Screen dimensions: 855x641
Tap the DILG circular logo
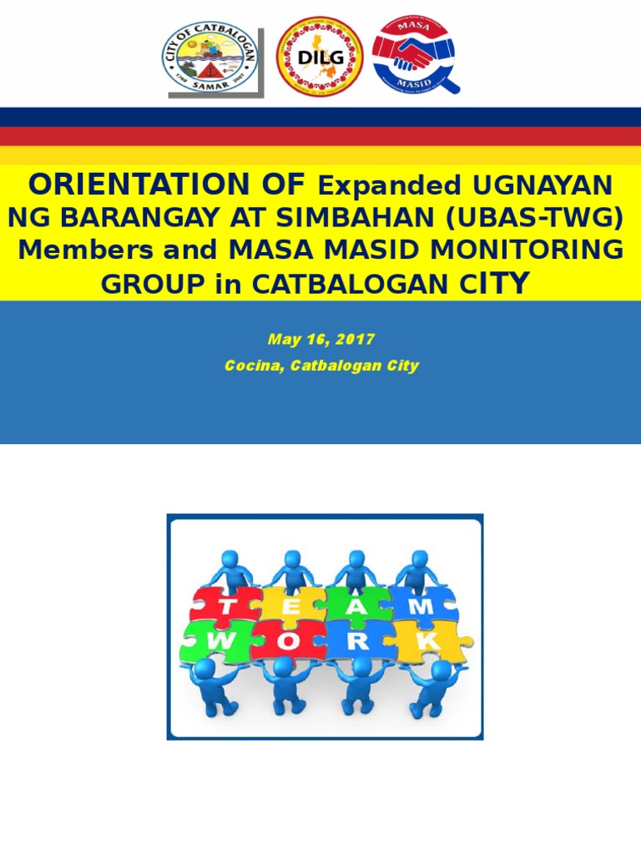(320, 57)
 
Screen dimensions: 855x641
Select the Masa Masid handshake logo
(412, 53)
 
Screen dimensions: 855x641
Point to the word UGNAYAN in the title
(543, 185)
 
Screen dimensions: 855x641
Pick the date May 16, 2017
(321, 340)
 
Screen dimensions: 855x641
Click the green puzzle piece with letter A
(356, 605)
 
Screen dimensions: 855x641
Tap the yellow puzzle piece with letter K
(430, 641)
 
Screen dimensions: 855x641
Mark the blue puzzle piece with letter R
(358, 641)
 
